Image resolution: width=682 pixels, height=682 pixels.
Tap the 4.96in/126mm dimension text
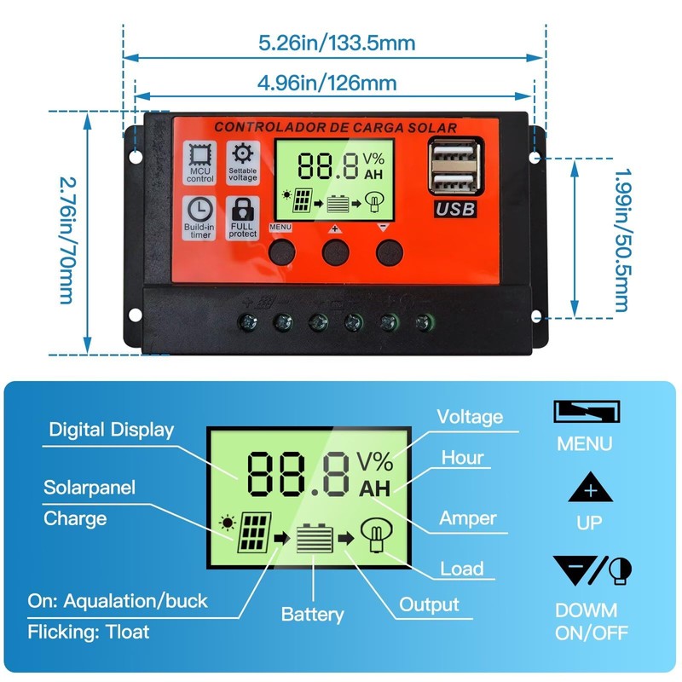click(x=327, y=83)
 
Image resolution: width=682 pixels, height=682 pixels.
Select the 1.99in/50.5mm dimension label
click(x=621, y=239)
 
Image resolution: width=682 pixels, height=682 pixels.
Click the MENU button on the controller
click(x=281, y=250)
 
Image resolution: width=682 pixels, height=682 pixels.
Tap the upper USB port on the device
click(x=451, y=157)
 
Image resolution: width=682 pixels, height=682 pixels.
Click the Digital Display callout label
click(x=111, y=430)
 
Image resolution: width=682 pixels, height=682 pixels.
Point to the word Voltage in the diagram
click(x=470, y=417)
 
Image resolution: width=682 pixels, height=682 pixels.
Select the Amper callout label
click(x=467, y=517)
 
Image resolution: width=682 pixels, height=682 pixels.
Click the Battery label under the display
click(x=312, y=614)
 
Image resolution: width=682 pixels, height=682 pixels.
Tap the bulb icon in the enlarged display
click(x=373, y=536)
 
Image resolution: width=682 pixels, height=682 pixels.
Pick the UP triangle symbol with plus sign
click(x=589, y=490)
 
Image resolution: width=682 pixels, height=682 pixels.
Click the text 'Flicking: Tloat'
click(x=89, y=632)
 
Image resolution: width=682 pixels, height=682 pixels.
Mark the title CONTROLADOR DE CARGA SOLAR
click(x=335, y=128)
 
